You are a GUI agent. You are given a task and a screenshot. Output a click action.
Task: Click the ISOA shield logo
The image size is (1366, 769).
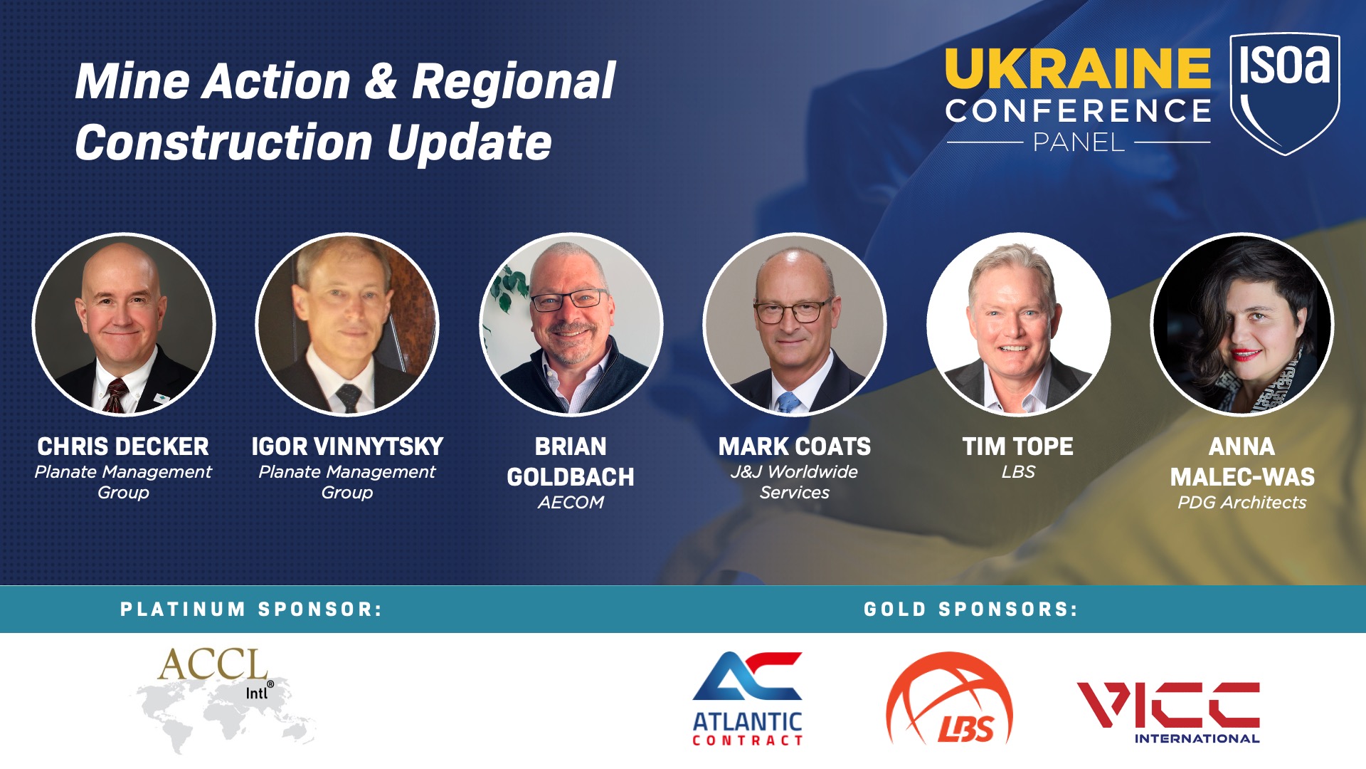[x=1285, y=93]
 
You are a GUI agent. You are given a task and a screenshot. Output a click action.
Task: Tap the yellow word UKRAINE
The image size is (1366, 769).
[x=1078, y=68]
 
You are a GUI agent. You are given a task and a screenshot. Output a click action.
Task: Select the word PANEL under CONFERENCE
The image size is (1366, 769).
[x=1079, y=142]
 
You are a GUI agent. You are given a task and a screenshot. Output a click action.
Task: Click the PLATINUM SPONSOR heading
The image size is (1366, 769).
[x=251, y=610]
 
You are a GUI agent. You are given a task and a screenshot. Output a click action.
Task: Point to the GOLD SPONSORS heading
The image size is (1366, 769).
[x=970, y=610]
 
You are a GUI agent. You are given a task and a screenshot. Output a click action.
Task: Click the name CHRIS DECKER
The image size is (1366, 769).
[x=123, y=446]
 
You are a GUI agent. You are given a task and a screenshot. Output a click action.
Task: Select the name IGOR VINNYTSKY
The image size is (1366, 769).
[x=347, y=446]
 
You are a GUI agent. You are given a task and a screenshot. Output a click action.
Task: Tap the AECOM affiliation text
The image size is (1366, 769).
[x=571, y=502]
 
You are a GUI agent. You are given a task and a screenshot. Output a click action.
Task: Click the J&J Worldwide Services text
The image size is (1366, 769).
[x=794, y=482]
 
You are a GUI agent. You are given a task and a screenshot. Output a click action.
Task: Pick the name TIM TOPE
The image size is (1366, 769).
[x=1017, y=446]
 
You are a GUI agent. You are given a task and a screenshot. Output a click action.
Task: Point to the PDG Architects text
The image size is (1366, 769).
[x=1241, y=502]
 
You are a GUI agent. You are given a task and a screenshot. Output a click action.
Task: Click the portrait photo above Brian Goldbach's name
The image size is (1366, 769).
[x=571, y=325]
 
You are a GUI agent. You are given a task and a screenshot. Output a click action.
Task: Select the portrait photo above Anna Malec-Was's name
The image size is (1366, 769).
[x=1241, y=325]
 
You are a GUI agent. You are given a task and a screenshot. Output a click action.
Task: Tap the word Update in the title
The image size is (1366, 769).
[x=470, y=142]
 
